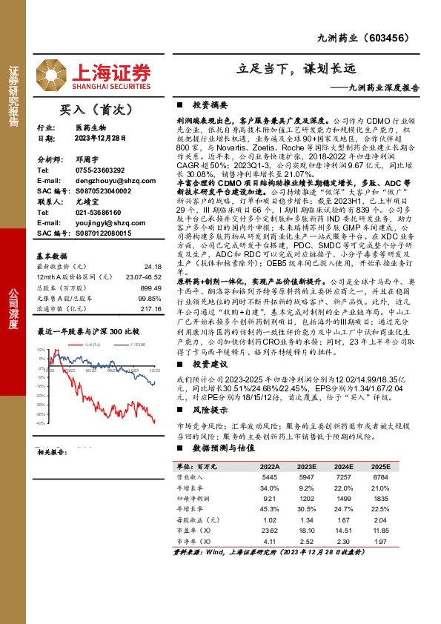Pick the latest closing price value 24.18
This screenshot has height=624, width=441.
pyautogui.click(x=152, y=265)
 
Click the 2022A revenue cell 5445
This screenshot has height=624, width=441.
pyautogui.click(x=269, y=479)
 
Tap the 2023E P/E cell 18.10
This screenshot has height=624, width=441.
pyautogui.click(x=307, y=531)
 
